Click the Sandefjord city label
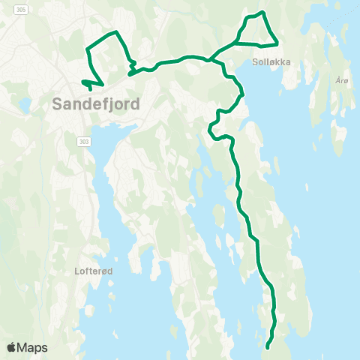(97, 104)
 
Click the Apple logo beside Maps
(12, 347)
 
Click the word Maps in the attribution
(32, 347)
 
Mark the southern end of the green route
(267, 346)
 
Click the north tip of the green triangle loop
(262, 12)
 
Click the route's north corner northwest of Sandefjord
(116, 31)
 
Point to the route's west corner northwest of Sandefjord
(88, 49)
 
